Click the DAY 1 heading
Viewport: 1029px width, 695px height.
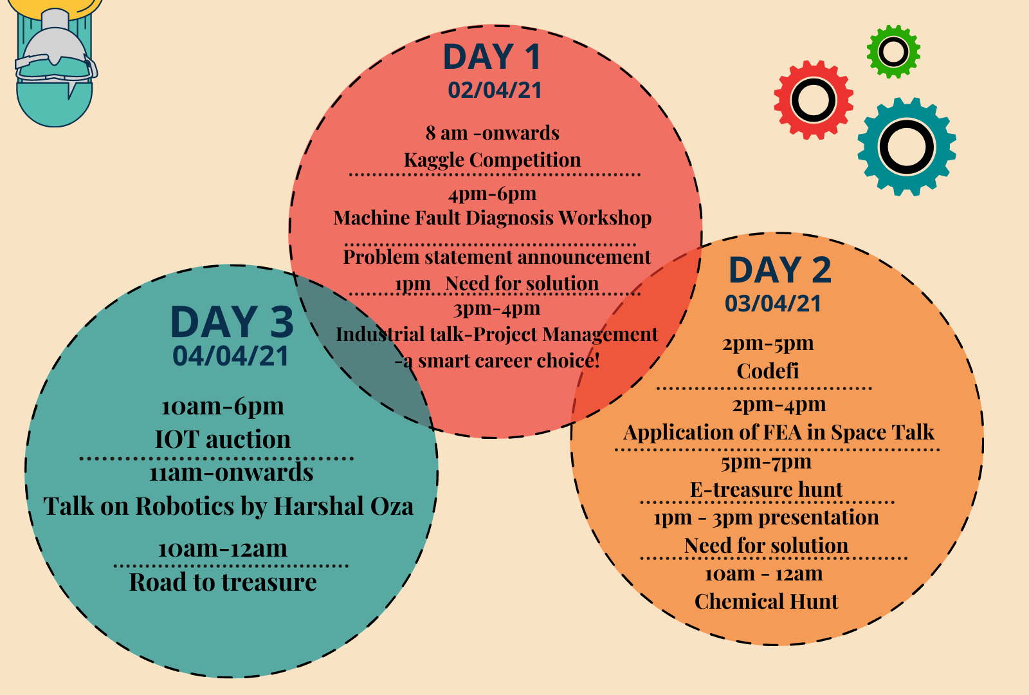pos(491,57)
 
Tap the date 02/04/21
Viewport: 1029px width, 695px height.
pos(495,89)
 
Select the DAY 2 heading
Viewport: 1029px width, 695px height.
pos(780,270)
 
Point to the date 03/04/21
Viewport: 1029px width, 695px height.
pos(773,303)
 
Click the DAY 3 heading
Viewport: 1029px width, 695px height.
pos(232,322)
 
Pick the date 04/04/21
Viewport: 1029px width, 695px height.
pos(231,356)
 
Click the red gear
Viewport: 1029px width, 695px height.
pos(814,100)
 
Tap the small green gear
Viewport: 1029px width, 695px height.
pos(893,51)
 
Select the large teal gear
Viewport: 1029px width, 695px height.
pos(907,147)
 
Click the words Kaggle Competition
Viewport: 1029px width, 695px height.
pos(493,160)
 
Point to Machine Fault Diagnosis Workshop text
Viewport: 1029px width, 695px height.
pos(493,218)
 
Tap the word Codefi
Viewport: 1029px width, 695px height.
pos(768,371)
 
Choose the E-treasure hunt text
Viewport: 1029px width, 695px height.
pos(766,489)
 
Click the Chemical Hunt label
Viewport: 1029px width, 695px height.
pos(766,601)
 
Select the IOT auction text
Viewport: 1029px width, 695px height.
pos(223,439)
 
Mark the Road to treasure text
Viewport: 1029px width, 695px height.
pos(223,582)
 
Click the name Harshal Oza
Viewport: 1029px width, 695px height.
pos(343,506)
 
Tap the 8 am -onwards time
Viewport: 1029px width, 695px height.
pos(493,133)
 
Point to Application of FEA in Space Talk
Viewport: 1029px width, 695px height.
pos(779,432)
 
